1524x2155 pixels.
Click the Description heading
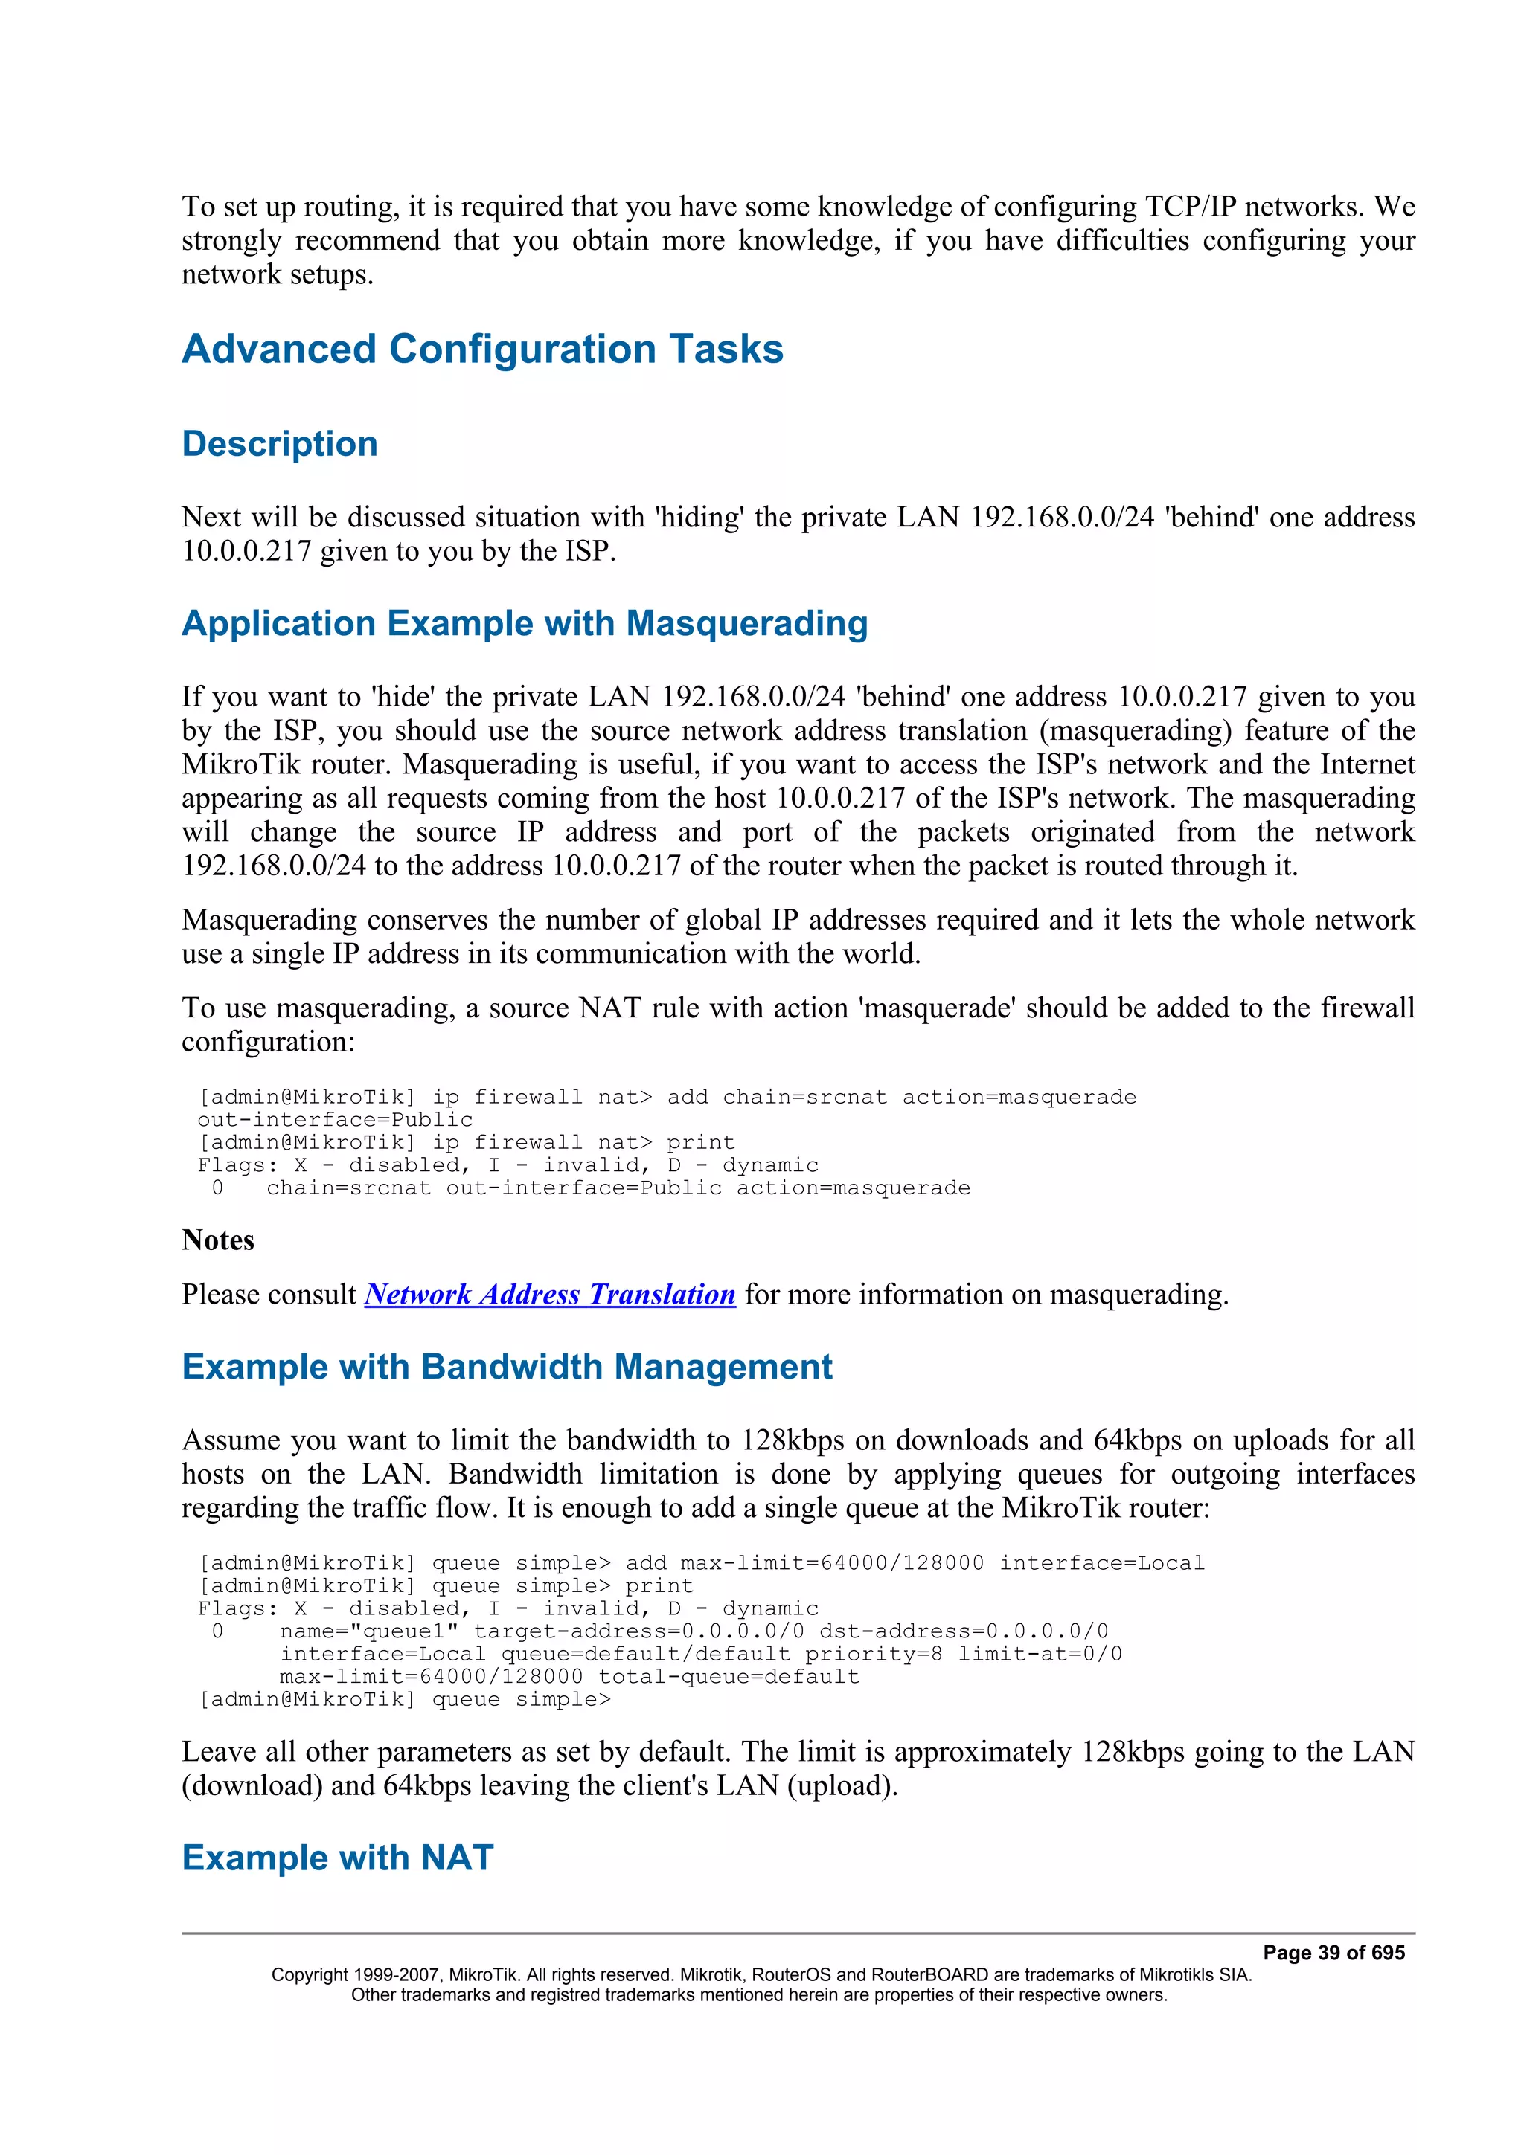(x=280, y=444)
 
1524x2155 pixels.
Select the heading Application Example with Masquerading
(x=524, y=624)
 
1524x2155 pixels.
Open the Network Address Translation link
(x=549, y=1295)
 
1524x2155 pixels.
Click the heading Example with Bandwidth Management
(x=506, y=1368)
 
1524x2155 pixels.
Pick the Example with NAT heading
(x=337, y=1858)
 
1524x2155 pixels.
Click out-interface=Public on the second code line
(x=334, y=1120)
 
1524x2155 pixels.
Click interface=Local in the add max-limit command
(x=1101, y=1563)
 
